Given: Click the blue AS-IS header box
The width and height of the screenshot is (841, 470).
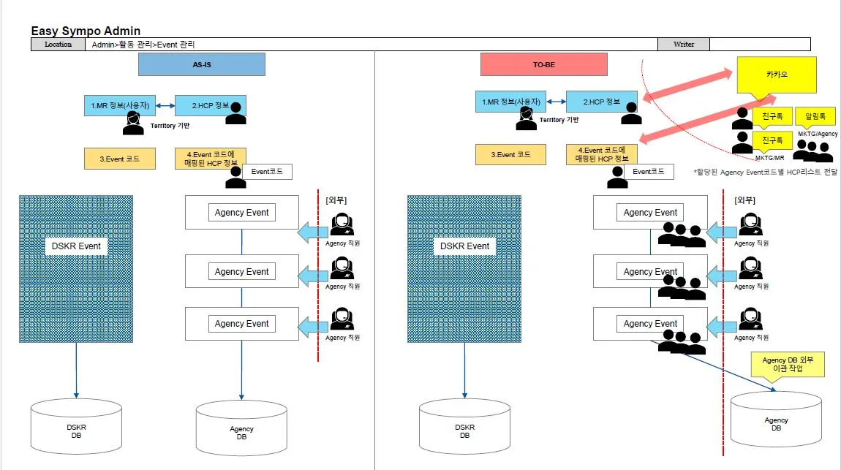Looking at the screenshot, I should click(201, 64).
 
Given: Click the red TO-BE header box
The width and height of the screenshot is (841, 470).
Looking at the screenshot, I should click(544, 64).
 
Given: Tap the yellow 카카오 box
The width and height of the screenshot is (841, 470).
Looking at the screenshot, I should click(776, 75).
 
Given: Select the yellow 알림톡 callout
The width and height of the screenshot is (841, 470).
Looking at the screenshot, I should click(815, 115).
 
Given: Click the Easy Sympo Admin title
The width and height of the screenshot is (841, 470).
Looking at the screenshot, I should click(86, 31).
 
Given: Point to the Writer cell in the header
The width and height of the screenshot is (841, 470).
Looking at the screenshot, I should click(684, 45).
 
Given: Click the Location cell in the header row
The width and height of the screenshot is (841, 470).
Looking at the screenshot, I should click(58, 45).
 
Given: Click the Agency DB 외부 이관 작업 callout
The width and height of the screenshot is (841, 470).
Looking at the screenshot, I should click(787, 364).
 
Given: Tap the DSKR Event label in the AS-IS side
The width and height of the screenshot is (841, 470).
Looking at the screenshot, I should click(77, 246).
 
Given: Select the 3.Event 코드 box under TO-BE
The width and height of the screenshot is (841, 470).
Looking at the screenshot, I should click(510, 154).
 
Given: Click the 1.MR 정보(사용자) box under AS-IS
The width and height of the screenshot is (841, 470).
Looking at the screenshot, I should click(121, 105).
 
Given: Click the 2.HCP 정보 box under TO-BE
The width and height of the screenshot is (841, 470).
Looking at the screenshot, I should click(602, 102).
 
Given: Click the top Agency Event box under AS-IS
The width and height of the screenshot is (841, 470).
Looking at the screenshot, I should click(242, 213).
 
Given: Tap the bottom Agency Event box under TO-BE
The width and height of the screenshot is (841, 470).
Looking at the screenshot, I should click(650, 324).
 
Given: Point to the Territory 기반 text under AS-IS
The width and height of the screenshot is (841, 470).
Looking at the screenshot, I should click(170, 126).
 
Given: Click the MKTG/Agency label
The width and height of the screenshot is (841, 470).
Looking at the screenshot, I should click(817, 134).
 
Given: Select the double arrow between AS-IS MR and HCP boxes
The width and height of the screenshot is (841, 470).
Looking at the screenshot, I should click(165, 106).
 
